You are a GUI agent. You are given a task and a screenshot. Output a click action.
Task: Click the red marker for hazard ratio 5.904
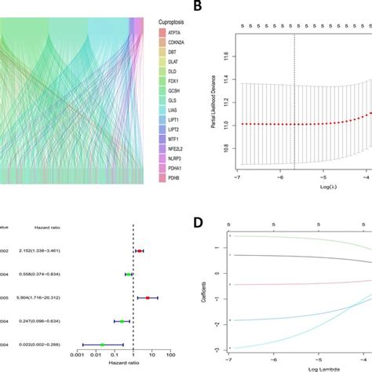(x=147, y=297)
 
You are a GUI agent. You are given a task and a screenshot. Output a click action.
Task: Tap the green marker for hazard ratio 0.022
(x=102, y=344)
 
